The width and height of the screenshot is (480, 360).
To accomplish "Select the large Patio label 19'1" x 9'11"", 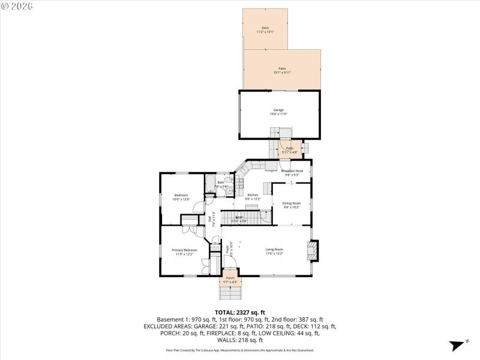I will coord(282,70).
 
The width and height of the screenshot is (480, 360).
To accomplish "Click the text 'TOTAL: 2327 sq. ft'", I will coord(240,312).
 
